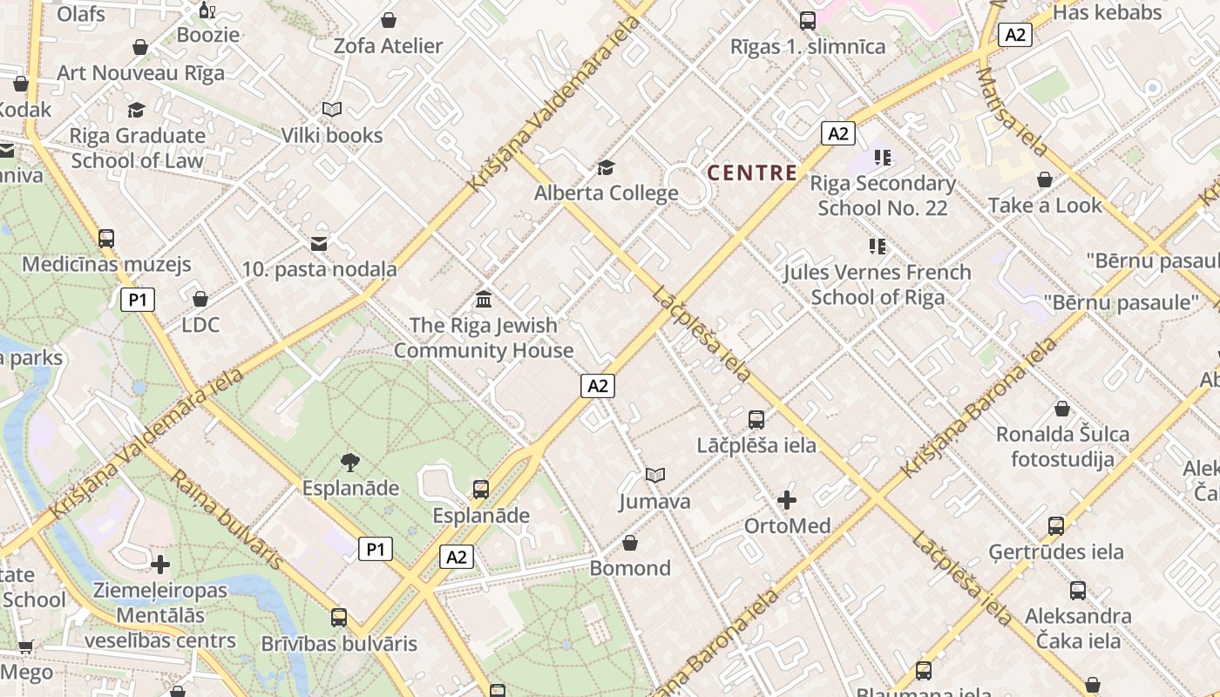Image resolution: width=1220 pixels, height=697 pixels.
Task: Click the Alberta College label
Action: pyautogui.click(x=606, y=193)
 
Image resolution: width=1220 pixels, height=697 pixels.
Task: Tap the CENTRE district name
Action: pyautogui.click(x=752, y=173)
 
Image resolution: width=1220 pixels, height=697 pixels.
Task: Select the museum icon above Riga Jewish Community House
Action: pyautogui.click(x=484, y=300)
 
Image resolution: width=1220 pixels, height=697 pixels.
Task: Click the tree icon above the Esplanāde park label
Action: pyautogui.click(x=350, y=462)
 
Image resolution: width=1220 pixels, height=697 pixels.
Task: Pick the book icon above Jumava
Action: pyautogui.click(x=655, y=475)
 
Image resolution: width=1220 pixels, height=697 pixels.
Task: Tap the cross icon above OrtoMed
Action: pyautogui.click(x=787, y=499)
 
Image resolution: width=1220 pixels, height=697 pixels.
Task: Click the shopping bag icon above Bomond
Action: pyautogui.click(x=630, y=543)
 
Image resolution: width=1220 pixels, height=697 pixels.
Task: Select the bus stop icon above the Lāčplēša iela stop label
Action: pyautogui.click(x=756, y=419)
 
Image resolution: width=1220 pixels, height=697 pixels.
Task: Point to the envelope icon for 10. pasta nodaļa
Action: pyautogui.click(x=319, y=244)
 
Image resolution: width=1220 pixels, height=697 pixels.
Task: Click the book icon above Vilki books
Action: pyautogui.click(x=331, y=109)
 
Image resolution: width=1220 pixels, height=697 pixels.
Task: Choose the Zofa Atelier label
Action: pyautogui.click(x=389, y=45)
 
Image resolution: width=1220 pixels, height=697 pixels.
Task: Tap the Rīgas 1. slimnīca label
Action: pyautogui.click(x=808, y=46)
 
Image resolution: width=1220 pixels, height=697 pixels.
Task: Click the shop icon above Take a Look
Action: pyautogui.click(x=1045, y=179)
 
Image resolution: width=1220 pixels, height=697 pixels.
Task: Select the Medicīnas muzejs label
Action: pyautogui.click(x=106, y=264)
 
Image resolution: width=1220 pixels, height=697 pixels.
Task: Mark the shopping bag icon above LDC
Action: pyautogui.click(x=200, y=299)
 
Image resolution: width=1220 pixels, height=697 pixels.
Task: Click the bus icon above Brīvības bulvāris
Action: pyautogui.click(x=339, y=618)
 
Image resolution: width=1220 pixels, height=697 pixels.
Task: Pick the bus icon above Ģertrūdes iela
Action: pyautogui.click(x=1056, y=525)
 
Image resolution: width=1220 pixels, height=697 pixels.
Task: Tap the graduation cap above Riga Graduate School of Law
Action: pyautogui.click(x=137, y=110)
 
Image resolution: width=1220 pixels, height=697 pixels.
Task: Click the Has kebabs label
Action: pyautogui.click(x=1108, y=12)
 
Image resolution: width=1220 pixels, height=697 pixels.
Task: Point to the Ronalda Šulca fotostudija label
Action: pyautogui.click(x=1062, y=446)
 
